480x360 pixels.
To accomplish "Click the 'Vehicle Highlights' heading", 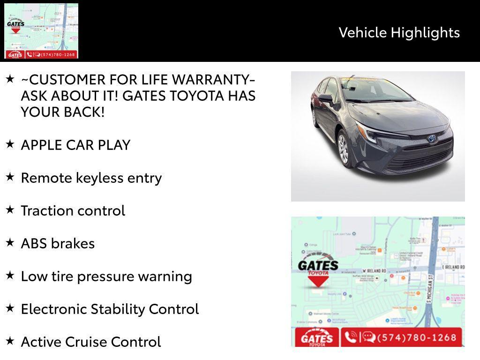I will (x=399, y=32).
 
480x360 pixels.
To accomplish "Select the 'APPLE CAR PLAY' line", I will (x=75, y=145).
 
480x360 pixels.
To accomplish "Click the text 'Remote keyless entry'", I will (x=91, y=178).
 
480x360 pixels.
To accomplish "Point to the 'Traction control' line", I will (x=73, y=210).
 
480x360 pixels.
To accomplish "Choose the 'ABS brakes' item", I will (x=58, y=243).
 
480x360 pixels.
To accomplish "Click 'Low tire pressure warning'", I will (x=106, y=276).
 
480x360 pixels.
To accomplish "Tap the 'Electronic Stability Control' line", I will (x=110, y=309).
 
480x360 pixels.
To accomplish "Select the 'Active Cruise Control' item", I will (x=91, y=342).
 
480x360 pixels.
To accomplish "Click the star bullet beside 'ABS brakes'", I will (x=10, y=242).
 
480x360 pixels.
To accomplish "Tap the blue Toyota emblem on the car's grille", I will (x=431, y=139).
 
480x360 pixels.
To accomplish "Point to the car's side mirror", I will (x=326, y=98).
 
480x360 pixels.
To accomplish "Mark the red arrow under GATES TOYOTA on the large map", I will (x=318, y=281).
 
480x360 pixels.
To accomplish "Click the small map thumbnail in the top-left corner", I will (x=41, y=31).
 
